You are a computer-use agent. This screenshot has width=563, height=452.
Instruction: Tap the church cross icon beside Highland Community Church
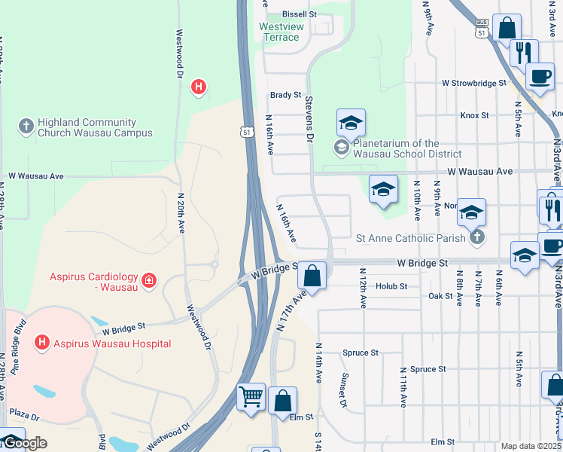(26, 127)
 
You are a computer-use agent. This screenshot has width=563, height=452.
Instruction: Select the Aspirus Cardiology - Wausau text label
(94, 281)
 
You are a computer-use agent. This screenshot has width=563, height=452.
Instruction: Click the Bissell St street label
(300, 14)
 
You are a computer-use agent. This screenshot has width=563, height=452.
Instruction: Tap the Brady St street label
(285, 96)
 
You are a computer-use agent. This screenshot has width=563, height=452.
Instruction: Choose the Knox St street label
(474, 115)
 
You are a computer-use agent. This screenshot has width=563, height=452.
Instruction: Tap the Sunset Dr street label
(343, 391)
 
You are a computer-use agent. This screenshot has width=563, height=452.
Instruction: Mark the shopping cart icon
(251, 396)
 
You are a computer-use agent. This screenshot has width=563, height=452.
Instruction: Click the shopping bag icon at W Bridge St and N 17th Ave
(312, 276)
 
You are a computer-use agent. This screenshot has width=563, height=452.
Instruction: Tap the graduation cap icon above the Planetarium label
(351, 122)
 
